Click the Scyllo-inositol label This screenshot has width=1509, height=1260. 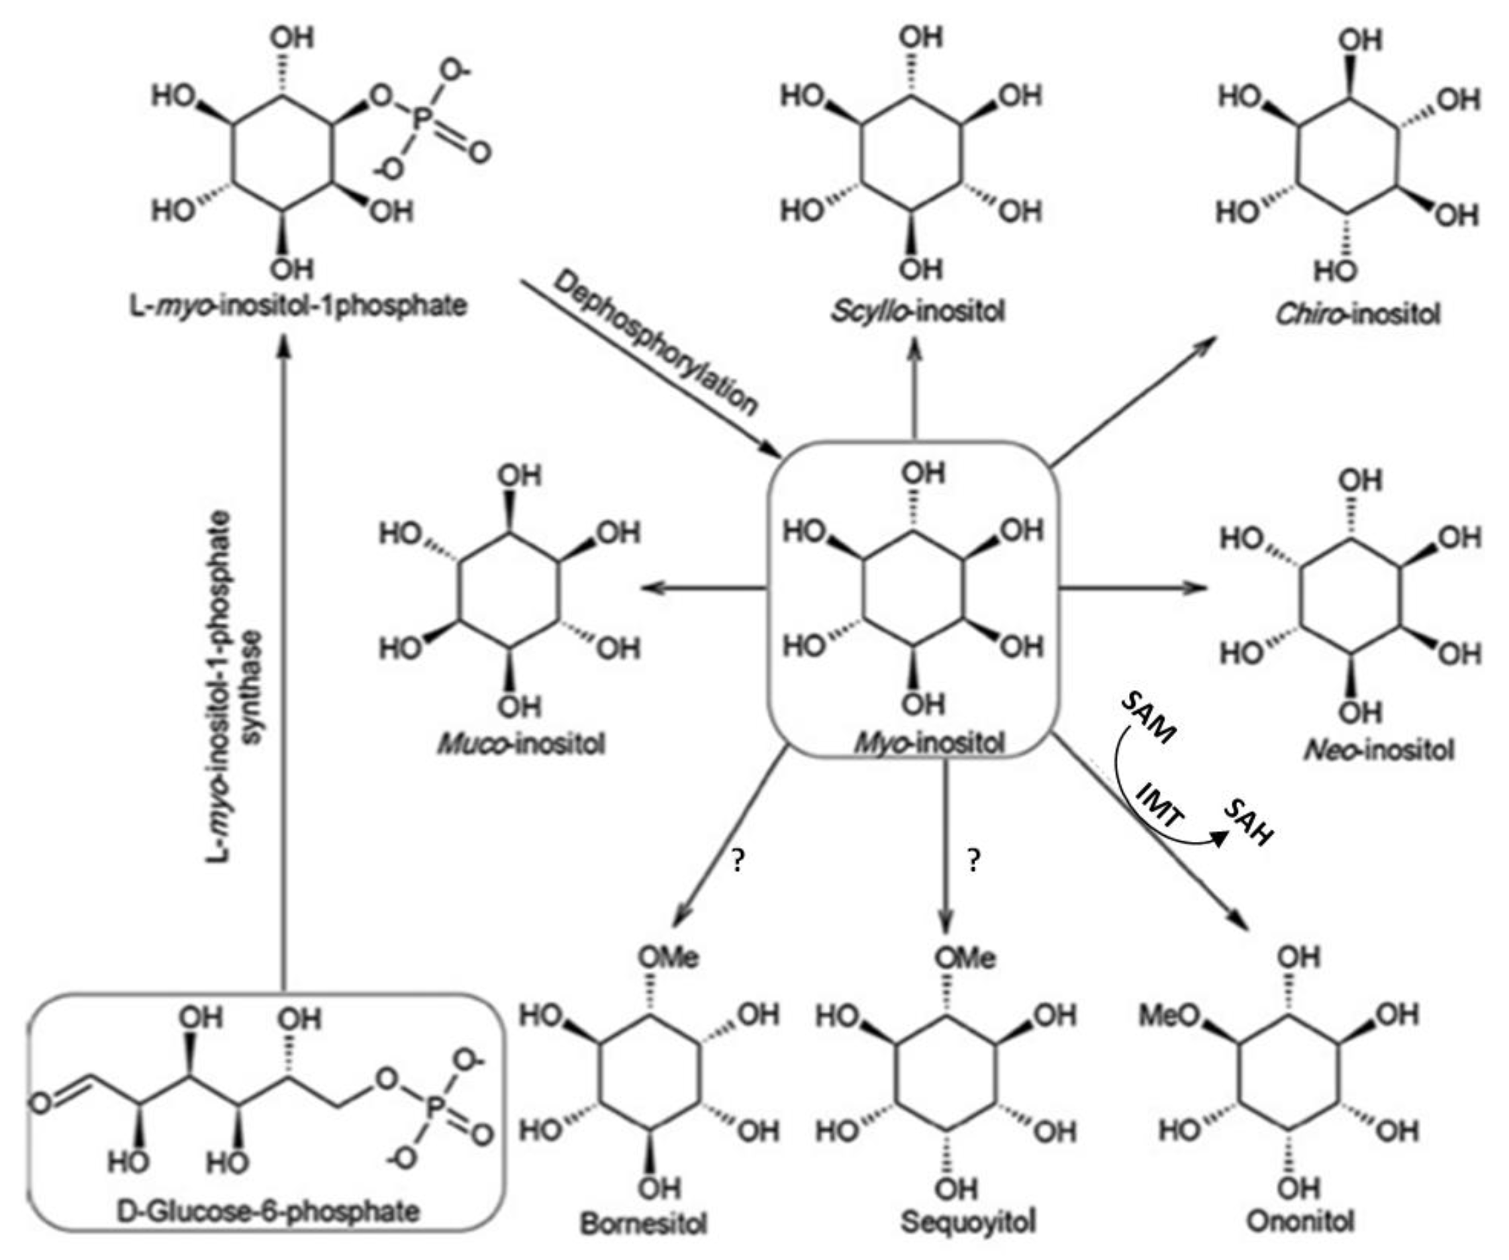(918, 312)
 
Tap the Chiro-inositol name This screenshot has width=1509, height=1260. (1357, 314)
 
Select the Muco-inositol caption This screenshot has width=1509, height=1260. (521, 744)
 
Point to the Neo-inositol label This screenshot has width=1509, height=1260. (1379, 750)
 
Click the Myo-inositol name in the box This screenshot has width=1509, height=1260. (928, 742)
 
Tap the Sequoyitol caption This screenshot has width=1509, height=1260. (968, 1221)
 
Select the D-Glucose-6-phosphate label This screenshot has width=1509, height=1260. (268, 1211)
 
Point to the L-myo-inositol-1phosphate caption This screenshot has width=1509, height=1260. (298, 305)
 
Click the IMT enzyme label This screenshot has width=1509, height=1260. (1161, 805)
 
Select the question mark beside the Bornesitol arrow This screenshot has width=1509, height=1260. (737, 861)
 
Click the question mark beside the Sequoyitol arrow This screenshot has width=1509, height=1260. (973, 861)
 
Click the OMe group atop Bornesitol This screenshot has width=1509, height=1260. (669, 957)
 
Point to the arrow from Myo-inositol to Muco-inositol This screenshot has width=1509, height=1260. (704, 588)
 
